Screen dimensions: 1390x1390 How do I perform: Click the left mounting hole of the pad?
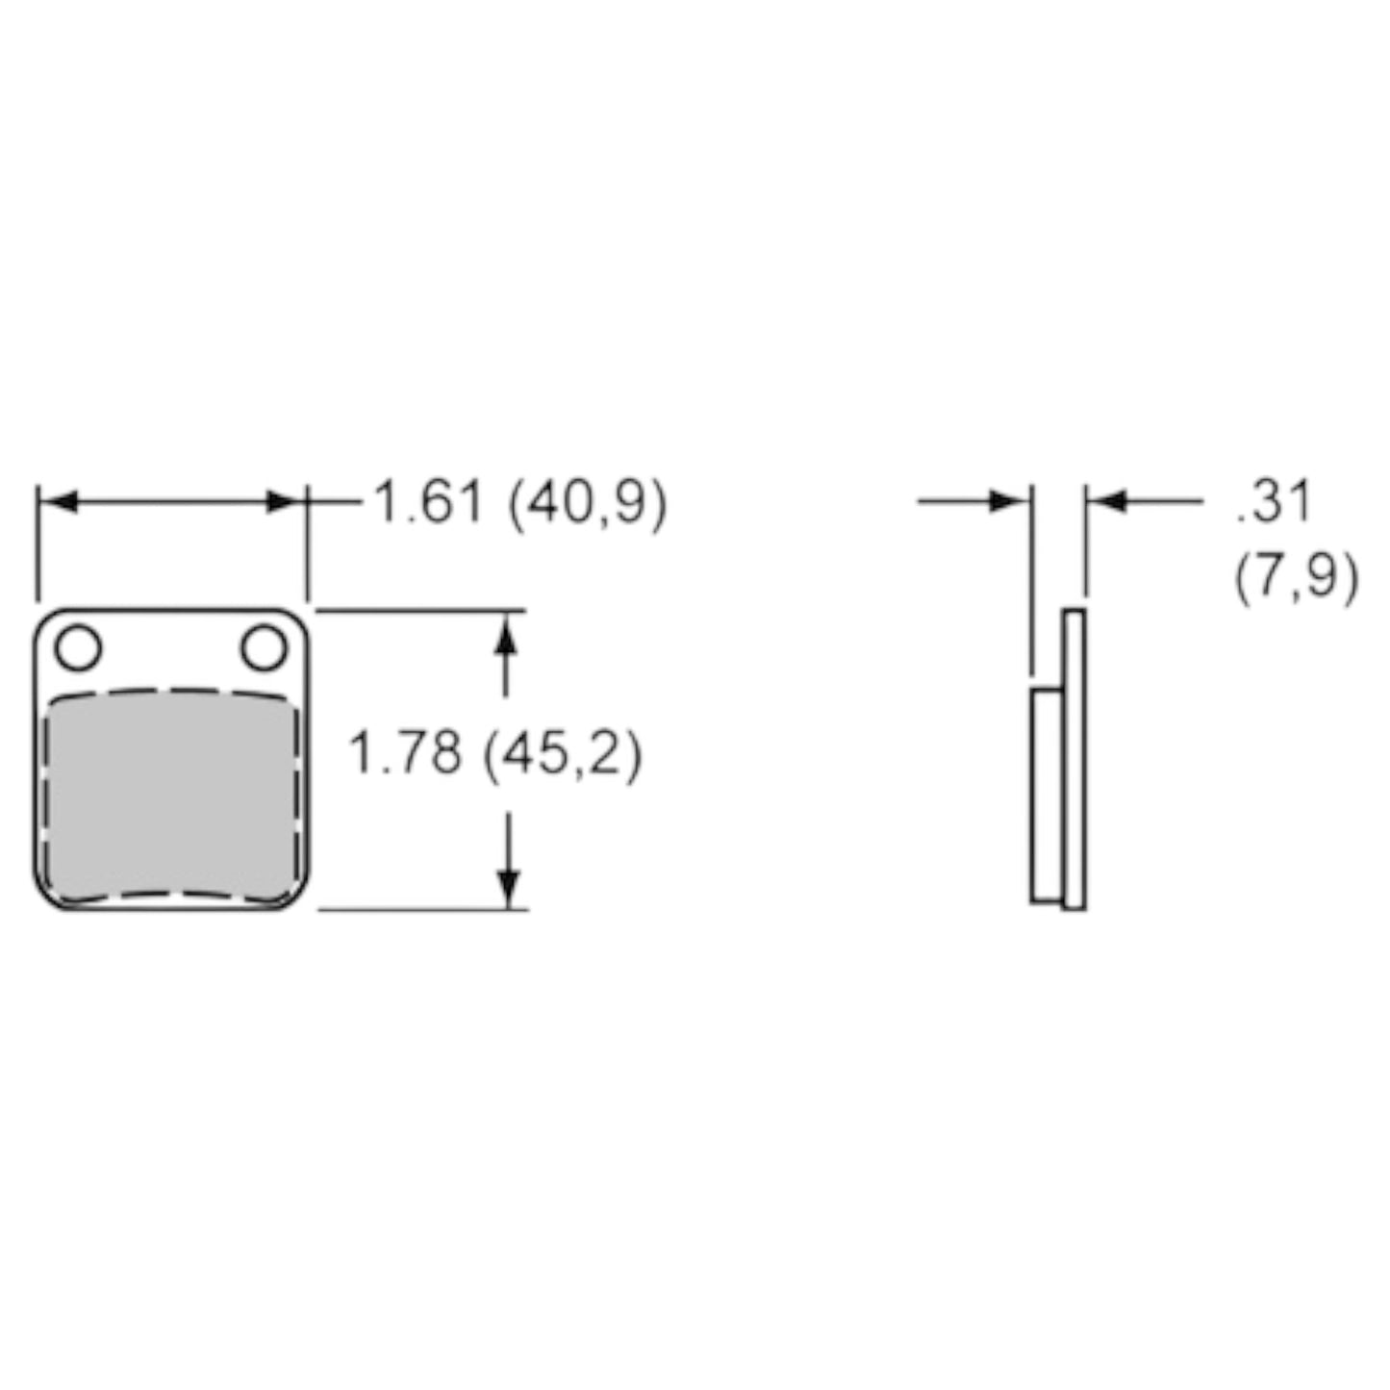pyautogui.click(x=78, y=647)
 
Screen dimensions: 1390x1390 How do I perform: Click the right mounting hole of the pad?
pyautogui.click(x=264, y=647)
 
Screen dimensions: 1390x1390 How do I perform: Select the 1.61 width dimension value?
pyautogui.click(x=428, y=503)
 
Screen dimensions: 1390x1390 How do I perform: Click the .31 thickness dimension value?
pyautogui.click(x=1272, y=502)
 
